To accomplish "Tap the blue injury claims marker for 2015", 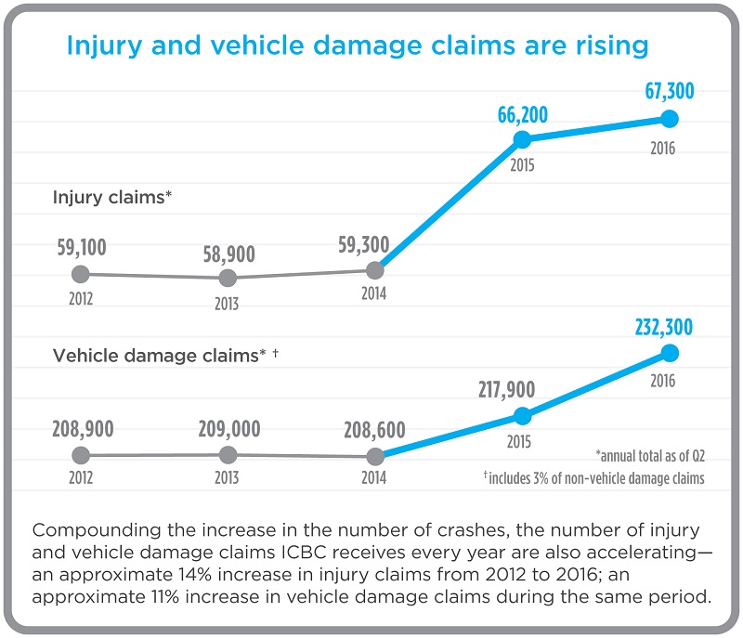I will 522,139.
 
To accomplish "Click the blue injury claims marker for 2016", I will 670,119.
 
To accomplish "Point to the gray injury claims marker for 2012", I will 81,274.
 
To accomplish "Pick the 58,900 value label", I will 228,254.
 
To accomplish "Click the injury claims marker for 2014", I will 374,270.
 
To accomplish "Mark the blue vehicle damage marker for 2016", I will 670,353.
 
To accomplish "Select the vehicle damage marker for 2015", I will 522,416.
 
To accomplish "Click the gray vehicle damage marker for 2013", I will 228,454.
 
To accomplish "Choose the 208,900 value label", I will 81,429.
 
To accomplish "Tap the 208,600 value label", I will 374,429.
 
